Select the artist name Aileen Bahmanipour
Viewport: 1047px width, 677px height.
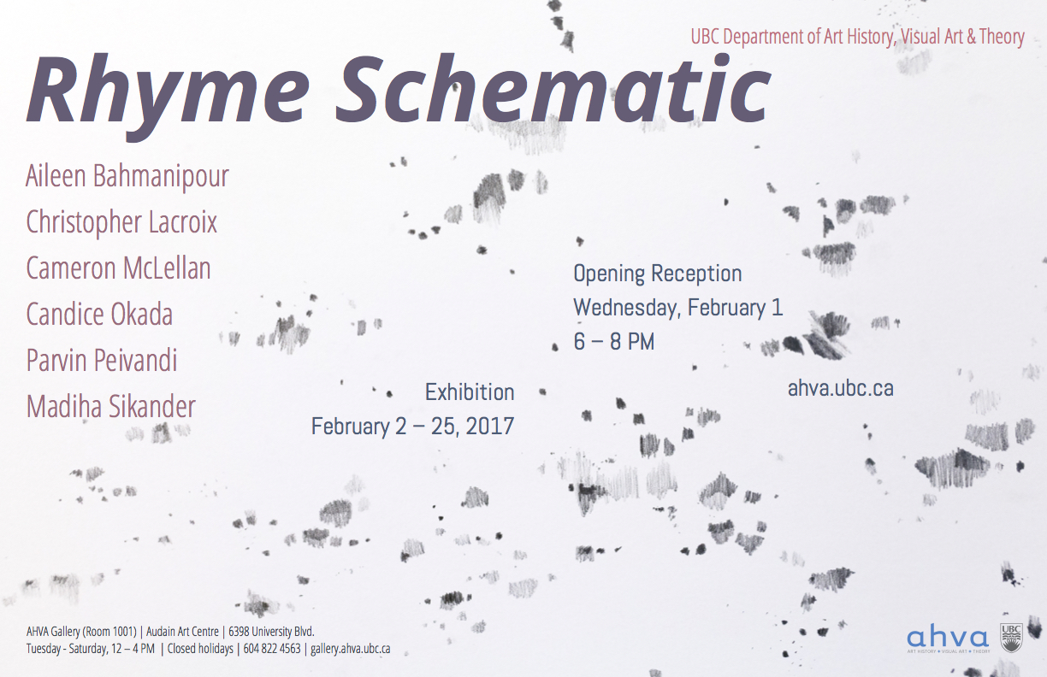[x=127, y=177]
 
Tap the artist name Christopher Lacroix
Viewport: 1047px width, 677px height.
[x=121, y=222]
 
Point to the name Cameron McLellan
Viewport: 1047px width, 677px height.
[x=118, y=268]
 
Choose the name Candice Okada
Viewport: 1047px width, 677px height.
[x=99, y=314]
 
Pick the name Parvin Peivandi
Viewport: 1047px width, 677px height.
[x=102, y=360]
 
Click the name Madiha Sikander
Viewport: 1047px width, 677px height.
[x=111, y=406]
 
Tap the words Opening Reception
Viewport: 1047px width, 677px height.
[x=658, y=274]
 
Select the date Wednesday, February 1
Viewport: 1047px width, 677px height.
[x=678, y=308]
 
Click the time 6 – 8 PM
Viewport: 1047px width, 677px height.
[x=613, y=342]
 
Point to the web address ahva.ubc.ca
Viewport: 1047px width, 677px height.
[x=840, y=388]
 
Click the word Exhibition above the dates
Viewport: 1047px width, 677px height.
[x=470, y=392]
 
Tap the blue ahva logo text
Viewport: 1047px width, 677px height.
[x=948, y=636]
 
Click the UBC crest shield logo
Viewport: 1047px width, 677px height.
[x=1011, y=638]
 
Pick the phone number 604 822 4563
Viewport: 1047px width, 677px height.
[x=271, y=649]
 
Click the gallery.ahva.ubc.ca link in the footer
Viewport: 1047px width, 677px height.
[x=350, y=649]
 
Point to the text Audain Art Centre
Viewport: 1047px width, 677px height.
[x=182, y=632]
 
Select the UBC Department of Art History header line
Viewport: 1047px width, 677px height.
[x=858, y=37]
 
